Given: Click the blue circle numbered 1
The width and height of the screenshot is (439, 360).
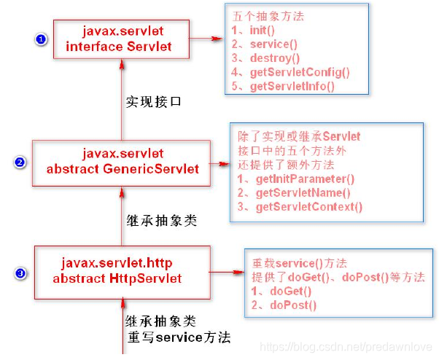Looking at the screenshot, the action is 42,39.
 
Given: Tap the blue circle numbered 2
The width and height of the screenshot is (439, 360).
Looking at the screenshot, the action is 20,162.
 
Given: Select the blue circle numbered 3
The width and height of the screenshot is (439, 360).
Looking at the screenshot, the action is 21,273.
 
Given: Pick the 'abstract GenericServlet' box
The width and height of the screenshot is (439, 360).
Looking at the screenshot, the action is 122,162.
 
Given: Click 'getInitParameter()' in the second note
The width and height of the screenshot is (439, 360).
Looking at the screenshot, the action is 296,179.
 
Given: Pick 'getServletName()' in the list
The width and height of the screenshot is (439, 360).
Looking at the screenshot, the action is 294,193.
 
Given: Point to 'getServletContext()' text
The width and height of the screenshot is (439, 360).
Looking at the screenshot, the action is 300,207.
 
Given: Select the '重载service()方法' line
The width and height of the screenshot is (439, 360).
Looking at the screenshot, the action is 300,263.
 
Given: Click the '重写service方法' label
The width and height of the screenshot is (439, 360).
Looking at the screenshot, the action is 179,337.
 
